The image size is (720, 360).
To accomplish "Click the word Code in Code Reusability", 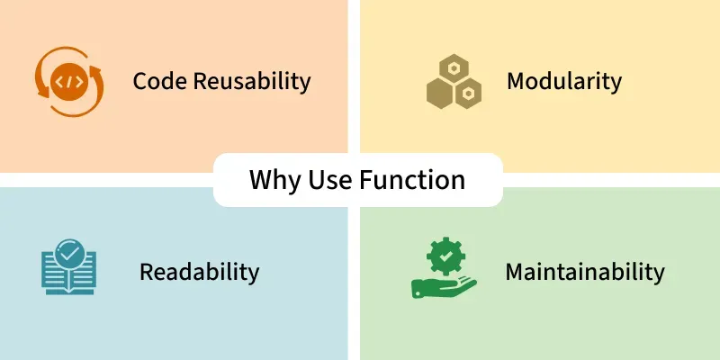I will pyautogui.click(x=157, y=81).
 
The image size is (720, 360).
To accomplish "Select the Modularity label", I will pyautogui.click(x=564, y=81).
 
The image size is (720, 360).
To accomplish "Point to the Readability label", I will pyautogui.click(x=199, y=271).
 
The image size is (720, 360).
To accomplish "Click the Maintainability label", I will pyautogui.click(x=585, y=271).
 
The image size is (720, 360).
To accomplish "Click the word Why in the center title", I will pyautogui.click(x=273, y=180).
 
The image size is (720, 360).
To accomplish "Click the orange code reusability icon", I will pyautogui.click(x=69, y=82).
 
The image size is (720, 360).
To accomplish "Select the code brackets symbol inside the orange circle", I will pyautogui.click(x=68, y=82).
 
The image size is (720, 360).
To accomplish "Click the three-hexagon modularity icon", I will pyautogui.click(x=453, y=82).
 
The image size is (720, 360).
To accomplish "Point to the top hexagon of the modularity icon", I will pyautogui.click(x=453, y=67).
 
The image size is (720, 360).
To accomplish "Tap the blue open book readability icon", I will pyautogui.click(x=68, y=270).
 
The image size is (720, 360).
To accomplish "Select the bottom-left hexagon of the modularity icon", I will pyautogui.click(x=440, y=92).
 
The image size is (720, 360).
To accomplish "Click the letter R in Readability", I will pyautogui.click(x=146, y=271).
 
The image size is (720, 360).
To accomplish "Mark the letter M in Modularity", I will pyautogui.click(x=516, y=81).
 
